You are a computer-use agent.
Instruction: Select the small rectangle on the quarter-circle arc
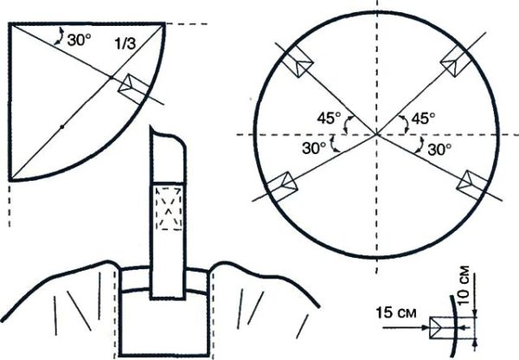pos(134,87)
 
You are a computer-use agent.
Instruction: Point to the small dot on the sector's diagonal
pos(62,127)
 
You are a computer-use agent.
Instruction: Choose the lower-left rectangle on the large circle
pos(282,183)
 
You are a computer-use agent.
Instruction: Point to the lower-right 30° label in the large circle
pos(440,148)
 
